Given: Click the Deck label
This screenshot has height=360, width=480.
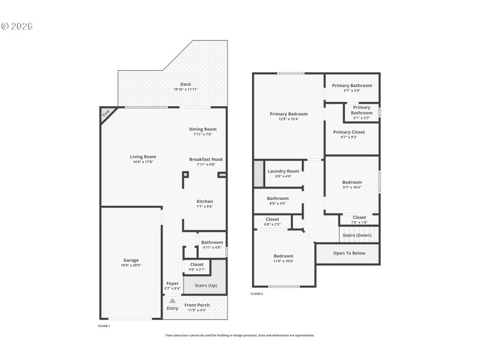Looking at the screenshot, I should (185, 84).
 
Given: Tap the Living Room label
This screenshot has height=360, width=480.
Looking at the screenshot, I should (143, 157).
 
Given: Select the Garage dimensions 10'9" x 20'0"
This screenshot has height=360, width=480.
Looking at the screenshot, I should (131, 265).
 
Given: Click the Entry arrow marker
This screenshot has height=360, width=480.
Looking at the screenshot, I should (172, 301).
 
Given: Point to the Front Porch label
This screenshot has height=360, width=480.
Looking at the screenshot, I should (197, 305).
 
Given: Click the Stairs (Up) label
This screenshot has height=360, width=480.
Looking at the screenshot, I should (206, 285).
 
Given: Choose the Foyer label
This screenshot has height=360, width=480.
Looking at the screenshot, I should (172, 283).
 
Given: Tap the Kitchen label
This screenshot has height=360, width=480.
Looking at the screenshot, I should (205, 201).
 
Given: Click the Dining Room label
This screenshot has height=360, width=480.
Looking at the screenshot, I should (203, 129).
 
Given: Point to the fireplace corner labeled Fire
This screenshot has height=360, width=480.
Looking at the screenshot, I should (107, 113).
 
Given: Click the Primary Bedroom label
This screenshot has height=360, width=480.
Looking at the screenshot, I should (289, 113).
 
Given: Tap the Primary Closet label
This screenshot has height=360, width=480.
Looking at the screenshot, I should (349, 132).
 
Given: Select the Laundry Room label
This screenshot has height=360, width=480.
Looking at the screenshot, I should (283, 171).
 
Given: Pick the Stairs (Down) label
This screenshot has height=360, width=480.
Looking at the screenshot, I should (357, 235).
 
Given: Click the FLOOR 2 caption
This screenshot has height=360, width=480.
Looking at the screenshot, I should (257, 294).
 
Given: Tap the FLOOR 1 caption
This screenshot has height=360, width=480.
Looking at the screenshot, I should (104, 326).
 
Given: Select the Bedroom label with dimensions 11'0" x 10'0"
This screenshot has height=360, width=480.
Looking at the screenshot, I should (283, 256).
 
